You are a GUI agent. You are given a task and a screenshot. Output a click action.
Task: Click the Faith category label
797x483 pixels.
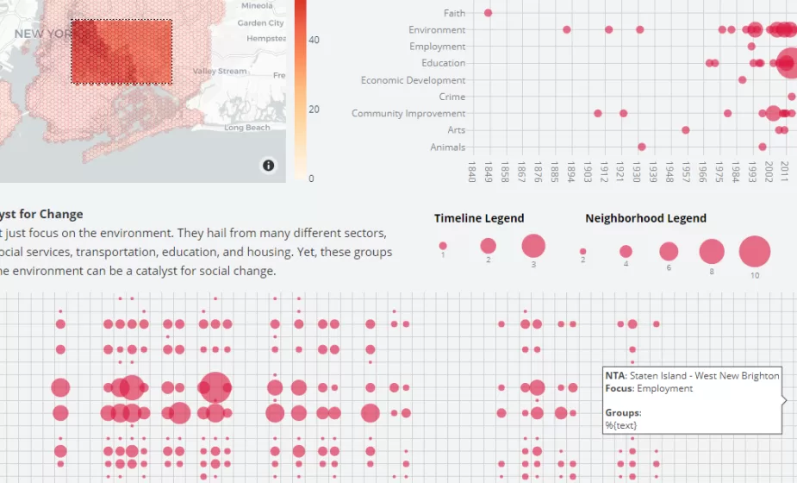pos(454,13)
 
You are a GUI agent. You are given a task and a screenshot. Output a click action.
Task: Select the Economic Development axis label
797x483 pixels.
pos(413,80)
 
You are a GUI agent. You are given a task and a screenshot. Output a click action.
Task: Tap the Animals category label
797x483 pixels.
pos(447,147)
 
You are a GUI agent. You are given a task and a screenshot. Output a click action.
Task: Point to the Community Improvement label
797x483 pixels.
pos(408,114)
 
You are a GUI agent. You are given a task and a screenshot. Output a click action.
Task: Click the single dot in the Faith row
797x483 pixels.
pos(489,13)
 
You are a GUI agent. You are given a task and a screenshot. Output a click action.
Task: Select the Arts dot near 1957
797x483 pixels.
pos(686,130)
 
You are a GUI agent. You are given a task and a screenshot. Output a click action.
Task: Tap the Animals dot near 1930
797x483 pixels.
pos(642,147)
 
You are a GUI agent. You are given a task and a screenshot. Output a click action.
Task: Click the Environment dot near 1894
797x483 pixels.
pos(567,29)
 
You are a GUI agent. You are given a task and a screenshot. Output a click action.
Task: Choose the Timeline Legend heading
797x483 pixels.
pos(478,218)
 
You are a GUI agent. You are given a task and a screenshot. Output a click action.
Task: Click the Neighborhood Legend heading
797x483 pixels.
pos(645,218)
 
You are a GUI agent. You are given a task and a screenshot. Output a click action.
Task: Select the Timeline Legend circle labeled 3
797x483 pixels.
pos(533,246)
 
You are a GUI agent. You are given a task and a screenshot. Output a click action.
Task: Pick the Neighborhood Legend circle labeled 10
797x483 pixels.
pos(755,252)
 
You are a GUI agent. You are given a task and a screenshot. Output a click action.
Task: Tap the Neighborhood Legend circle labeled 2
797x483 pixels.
pos(583,252)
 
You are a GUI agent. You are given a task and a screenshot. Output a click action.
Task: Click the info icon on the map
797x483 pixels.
pos(269,165)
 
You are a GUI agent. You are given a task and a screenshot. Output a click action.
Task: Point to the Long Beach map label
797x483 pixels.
pos(247,128)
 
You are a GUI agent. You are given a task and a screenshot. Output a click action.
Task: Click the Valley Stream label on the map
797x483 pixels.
pos(219,71)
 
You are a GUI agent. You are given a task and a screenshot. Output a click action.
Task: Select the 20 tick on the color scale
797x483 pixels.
pos(314,110)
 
